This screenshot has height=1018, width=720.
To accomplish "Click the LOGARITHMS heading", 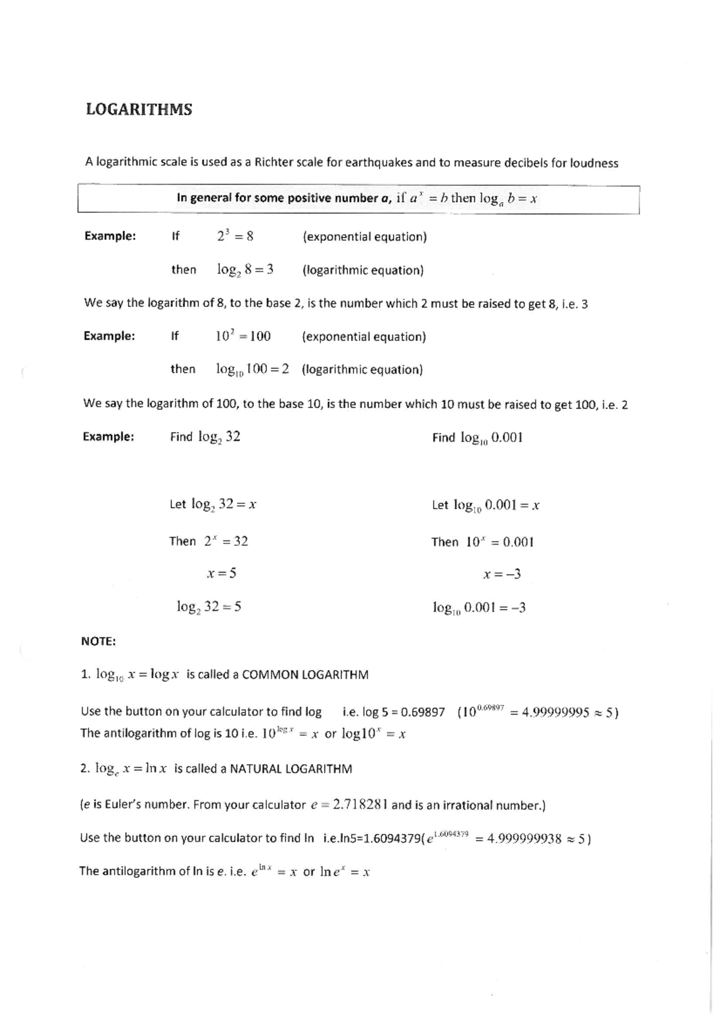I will (139, 109).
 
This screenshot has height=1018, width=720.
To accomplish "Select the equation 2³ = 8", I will (235, 236).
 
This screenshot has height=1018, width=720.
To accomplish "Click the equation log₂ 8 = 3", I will (245, 270).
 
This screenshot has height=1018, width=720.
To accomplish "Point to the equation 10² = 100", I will (242, 336).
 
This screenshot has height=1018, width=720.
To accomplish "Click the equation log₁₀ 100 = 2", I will (252, 370).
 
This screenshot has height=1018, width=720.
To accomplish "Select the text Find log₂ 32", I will (205, 437).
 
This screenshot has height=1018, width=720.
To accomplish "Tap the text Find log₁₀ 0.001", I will (477, 438).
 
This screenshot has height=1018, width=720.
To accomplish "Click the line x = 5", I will (221, 573).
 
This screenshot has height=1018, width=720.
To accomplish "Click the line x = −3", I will (502, 575).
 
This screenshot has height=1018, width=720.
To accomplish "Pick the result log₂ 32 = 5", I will (209, 606).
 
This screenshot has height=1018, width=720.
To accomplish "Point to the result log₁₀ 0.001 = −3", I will (479, 608).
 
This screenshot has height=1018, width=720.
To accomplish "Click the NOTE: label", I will (98, 641).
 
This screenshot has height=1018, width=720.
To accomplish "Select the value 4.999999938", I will (524, 839).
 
